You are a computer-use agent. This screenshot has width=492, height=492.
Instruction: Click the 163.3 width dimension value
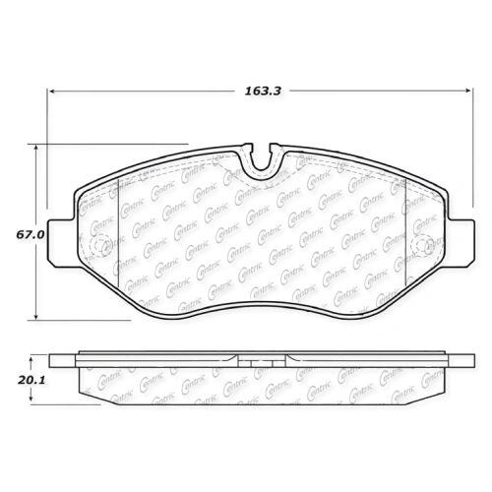tap(263, 91)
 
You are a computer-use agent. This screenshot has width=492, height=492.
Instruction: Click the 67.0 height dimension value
tap(30, 235)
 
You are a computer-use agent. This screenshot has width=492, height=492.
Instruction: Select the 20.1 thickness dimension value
tap(31, 380)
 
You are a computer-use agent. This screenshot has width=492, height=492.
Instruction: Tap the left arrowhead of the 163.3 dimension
tap(51, 91)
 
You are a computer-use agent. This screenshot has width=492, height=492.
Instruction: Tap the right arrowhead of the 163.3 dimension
tap(469, 91)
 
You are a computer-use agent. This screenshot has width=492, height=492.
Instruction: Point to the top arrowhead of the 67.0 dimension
tap(36, 148)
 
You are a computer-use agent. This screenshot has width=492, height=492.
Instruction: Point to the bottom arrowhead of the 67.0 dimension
tap(36, 316)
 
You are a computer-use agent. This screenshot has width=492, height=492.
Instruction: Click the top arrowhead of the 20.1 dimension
tap(31, 361)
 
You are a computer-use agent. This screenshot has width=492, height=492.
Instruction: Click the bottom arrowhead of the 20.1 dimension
tap(31, 398)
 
